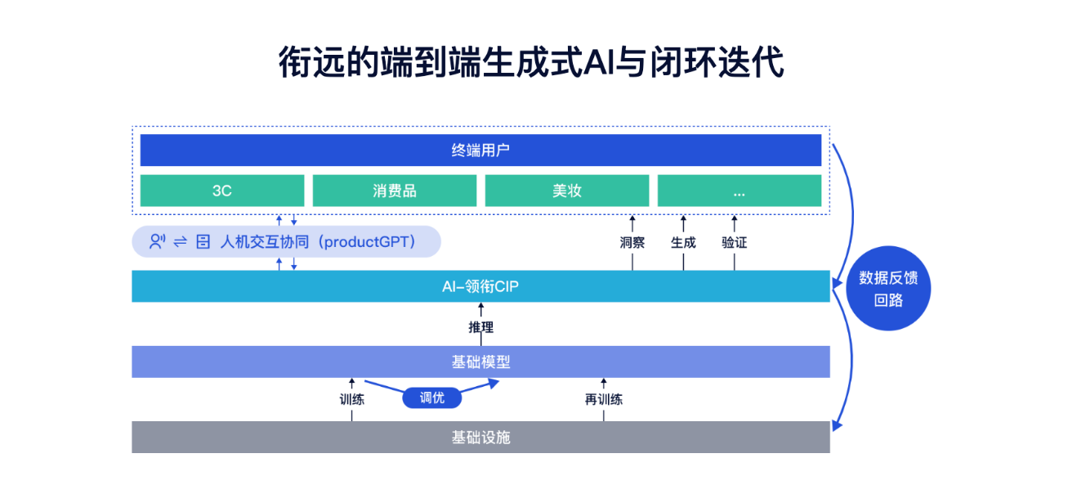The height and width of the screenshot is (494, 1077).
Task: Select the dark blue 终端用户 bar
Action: coord(480,150)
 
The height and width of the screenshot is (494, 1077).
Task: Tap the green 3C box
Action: coord(221,191)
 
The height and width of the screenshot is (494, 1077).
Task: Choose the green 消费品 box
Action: coord(394,191)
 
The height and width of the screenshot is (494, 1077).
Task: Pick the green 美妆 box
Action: coord(566,191)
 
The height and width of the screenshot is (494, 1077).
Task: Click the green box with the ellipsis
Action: coord(739,191)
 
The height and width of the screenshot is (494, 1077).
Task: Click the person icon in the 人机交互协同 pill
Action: coord(157,242)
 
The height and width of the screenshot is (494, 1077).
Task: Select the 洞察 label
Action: coord(632,243)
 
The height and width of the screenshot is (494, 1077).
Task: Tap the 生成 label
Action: coord(683,243)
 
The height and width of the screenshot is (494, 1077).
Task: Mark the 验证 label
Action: coord(734,243)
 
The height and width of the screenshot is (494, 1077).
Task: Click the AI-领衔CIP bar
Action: coord(480,286)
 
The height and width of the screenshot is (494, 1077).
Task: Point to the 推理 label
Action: coord(480,328)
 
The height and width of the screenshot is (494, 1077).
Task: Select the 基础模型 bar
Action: coord(480,362)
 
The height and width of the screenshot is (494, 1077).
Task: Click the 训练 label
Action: coord(352,400)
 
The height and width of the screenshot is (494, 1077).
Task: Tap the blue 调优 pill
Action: coord(431,398)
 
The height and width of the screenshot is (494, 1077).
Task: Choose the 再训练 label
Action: coord(604,400)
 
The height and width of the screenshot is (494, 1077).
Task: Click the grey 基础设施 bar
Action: coord(480,438)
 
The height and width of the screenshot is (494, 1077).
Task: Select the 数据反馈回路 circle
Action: coord(888,289)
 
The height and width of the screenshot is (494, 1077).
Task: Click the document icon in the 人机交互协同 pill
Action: coord(203,242)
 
